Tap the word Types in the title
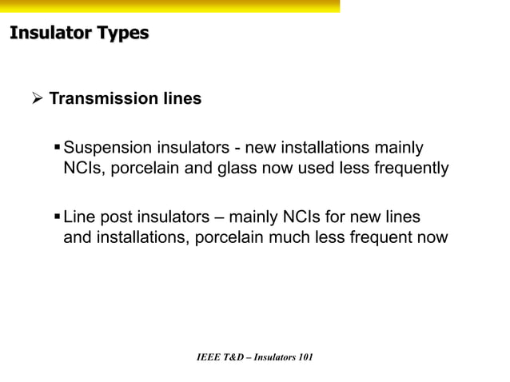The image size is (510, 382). coord(119,34)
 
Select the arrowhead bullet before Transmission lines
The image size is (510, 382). coord(35,99)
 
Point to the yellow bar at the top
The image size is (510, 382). coord(169,6)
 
